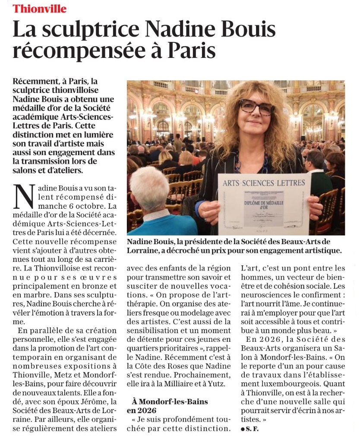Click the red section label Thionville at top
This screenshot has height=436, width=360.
(40, 9)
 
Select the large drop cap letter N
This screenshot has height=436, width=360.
(24, 196)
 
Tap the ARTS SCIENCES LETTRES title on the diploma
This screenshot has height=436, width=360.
(264, 183)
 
